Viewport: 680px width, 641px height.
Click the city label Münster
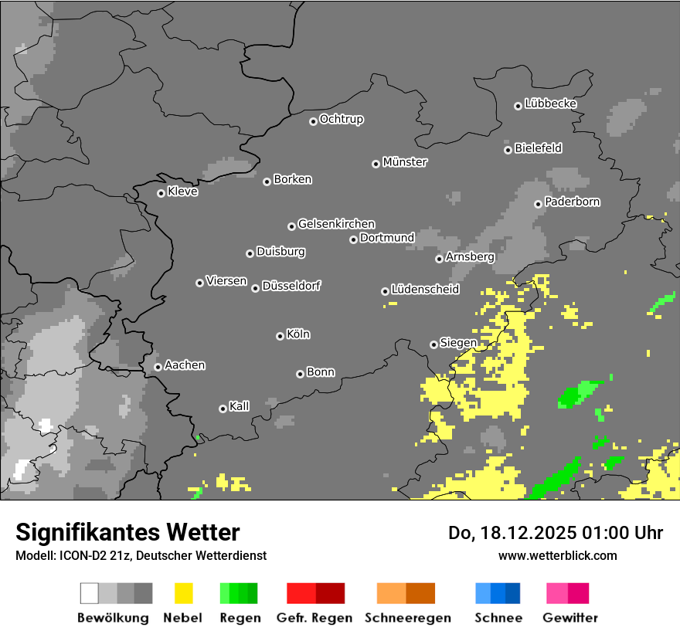[405, 162]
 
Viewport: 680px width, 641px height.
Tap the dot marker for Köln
[280, 336]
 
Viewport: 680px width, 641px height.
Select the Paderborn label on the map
[573, 202]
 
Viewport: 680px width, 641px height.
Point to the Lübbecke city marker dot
[518, 106]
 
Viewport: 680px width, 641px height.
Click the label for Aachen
[185, 365]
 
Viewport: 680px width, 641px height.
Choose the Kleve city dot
[161, 193]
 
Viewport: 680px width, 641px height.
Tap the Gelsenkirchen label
[336, 225]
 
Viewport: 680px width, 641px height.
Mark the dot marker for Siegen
[433, 344]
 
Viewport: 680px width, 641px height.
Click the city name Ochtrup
[342, 120]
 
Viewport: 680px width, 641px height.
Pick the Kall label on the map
[240, 406]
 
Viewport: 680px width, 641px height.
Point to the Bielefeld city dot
[508, 150]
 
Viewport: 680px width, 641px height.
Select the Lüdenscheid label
[425, 290]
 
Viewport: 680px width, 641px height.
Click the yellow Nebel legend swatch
[183, 593]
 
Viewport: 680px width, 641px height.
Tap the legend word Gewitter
[570, 618]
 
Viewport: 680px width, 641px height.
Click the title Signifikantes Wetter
[127, 532]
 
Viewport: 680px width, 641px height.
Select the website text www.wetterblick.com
[557, 555]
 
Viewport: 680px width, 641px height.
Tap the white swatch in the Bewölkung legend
[90, 593]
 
